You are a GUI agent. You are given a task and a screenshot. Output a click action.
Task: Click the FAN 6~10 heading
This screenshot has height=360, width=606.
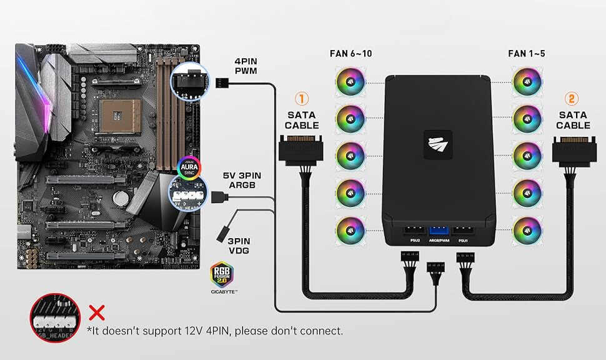pos(350,54)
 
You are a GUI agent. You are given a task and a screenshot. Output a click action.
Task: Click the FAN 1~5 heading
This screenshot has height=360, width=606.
pos(526,54)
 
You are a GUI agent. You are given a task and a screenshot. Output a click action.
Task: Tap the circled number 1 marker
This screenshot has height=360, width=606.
pos(302,99)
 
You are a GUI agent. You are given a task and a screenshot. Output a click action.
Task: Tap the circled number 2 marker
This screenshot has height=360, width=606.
pos(572,99)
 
